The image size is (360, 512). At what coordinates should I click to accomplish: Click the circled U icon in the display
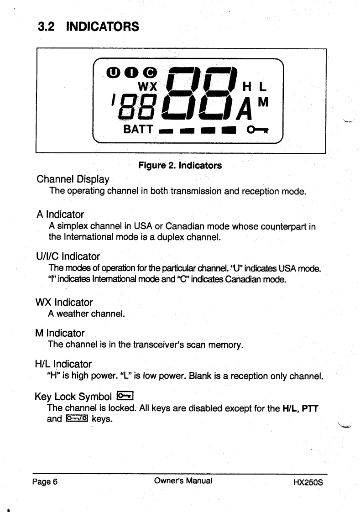[x=112, y=72]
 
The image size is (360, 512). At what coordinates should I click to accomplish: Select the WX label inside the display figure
[x=147, y=85]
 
